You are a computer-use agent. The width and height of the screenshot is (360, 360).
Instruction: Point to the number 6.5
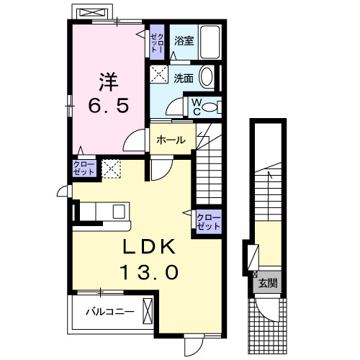pos(109,105)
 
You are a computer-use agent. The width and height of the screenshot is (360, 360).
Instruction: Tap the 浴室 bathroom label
pos(184,41)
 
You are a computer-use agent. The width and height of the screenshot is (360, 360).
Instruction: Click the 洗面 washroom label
pos(183,78)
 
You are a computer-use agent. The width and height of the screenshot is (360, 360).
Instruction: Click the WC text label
pos(194,107)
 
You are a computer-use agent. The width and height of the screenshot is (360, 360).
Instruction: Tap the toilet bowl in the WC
pos(211,107)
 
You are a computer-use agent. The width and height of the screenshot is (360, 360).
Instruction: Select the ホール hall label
pos(171,140)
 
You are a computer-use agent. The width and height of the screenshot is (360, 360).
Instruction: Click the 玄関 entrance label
pos(268,282)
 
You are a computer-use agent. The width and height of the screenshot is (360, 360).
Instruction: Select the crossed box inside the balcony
pos(148,312)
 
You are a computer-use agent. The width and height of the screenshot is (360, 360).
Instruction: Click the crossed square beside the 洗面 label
pos(158,74)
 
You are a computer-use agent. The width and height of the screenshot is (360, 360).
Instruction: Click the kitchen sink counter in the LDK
pos(104,211)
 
